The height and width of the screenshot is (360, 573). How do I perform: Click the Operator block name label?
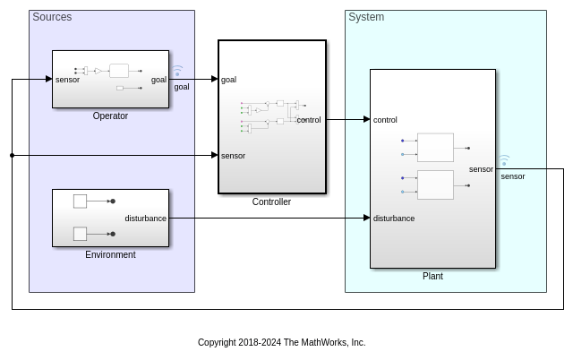click(x=110, y=116)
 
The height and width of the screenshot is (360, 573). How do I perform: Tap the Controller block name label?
click(x=271, y=201)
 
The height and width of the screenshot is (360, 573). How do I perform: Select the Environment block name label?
click(x=110, y=254)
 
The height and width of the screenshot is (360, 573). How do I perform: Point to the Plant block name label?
click(x=432, y=276)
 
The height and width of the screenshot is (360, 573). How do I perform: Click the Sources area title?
click(x=52, y=17)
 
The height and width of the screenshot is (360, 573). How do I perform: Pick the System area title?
click(x=366, y=17)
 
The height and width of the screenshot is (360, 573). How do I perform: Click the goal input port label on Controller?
click(x=228, y=80)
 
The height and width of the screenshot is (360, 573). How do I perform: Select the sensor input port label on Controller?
click(x=233, y=156)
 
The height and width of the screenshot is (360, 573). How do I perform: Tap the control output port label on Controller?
click(x=309, y=120)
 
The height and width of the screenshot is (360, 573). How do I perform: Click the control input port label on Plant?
click(x=385, y=120)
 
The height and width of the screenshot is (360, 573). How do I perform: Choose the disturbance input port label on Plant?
click(x=394, y=219)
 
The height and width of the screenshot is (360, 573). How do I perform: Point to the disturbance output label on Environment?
click(x=145, y=219)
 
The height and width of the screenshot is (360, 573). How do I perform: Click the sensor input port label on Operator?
click(x=67, y=80)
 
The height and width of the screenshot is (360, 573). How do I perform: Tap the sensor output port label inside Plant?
click(x=481, y=169)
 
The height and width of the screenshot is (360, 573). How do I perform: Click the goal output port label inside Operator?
click(x=158, y=80)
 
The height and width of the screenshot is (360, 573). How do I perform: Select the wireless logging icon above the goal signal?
click(x=177, y=70)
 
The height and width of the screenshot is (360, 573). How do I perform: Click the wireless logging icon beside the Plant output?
click(x=504, y=160)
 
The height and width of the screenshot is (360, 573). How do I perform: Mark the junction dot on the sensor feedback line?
click(x=12, y=155)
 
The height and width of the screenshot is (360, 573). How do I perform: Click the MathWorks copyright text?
click(x=281, y=342)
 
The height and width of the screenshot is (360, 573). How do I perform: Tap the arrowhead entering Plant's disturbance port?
click(x=366, y=218)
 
